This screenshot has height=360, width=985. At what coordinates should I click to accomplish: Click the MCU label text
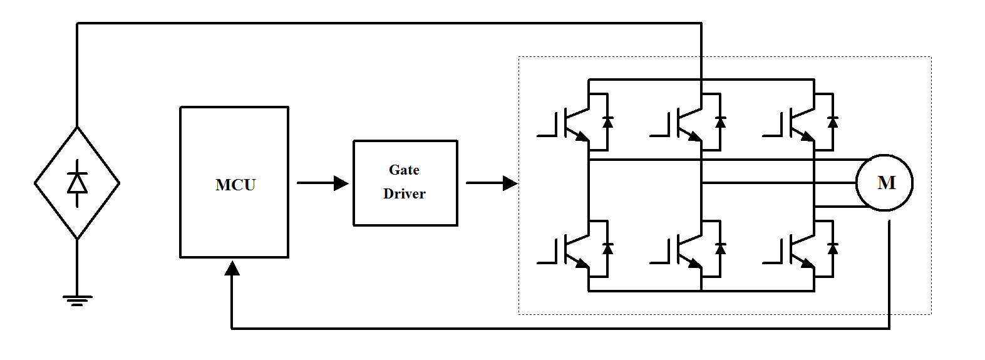click(x=235, y=185)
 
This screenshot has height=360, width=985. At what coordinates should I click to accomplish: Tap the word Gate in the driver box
click(x=404, y=170)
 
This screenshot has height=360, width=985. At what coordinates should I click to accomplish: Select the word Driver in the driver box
click(x=404, y=193)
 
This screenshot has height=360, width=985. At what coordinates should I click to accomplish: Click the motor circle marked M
click(x=885, y=183)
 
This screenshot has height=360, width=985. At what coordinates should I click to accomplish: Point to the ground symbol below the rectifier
click(x=77, y=300)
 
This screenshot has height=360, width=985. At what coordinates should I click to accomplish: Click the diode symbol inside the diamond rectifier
click(x=77, y=183)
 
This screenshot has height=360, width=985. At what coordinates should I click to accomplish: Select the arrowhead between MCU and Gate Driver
click(x=341, y=183)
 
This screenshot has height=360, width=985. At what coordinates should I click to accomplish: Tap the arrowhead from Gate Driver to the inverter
click(x=510, y=183)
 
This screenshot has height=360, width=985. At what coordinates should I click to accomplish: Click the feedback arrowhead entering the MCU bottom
click(x=232, y=269)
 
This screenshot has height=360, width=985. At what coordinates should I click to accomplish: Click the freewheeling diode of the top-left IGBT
click(x=607, y=121)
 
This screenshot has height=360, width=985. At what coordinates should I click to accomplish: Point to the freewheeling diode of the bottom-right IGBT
click(x=832, y=248)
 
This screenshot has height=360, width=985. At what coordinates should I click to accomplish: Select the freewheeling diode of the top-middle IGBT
click(x=720, y=121)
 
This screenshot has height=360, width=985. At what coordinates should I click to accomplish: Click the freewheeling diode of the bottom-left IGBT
click(x=607, y=248)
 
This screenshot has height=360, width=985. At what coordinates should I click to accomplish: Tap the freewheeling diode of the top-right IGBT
click(x=832, y=121)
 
